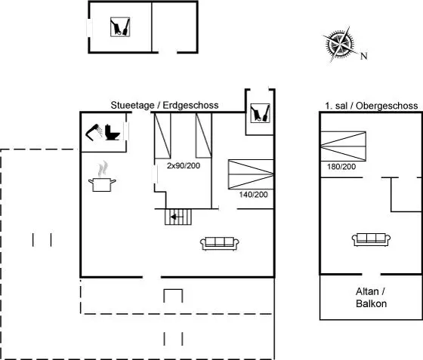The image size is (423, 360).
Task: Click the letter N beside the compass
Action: (x=364, y=56)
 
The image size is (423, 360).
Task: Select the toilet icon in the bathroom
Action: (x=112, y=132)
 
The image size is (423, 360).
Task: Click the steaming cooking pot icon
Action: (x=102, y=177)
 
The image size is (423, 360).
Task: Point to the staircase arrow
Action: (x=177, y=217)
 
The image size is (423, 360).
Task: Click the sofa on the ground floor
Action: (x=220, y=244)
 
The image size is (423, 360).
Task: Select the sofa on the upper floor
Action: (x=371, y=239)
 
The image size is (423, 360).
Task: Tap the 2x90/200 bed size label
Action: (x=184, y=165)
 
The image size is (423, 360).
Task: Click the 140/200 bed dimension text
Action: (x=253, y=194)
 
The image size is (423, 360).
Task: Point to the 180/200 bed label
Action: (x=341, y=167)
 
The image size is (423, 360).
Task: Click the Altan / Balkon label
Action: (x=371, y=297)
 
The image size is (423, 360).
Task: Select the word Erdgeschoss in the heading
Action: (x=190, y=105)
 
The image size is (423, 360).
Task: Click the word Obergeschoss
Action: (x=387, y=106)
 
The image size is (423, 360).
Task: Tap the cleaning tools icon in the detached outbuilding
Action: (x=120, y=27)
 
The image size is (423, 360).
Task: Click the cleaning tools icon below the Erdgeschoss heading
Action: (x=260, y=113)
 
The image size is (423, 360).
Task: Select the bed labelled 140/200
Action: (x=251, y=174)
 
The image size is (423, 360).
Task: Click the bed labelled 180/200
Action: (x=343, y=146)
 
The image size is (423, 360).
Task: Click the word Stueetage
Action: (x=132, y=105)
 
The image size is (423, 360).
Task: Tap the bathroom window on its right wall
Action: (x=126, y=131)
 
